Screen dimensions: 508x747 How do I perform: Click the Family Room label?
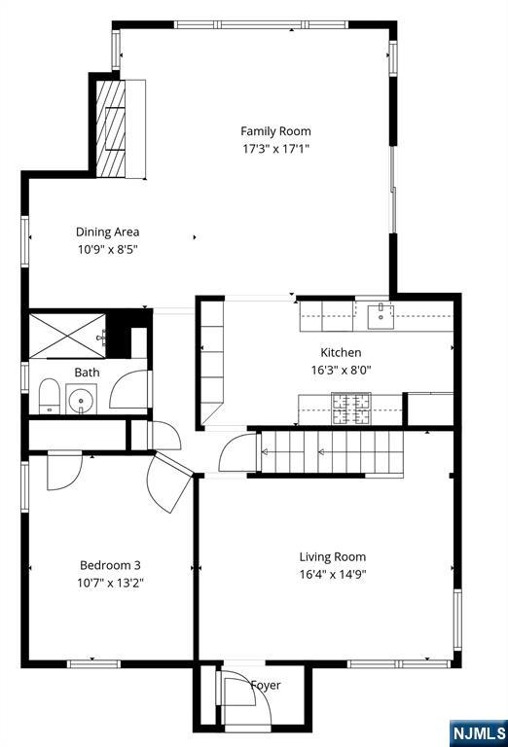coord(275,131)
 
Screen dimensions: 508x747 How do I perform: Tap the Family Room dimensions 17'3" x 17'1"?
coord(276,149)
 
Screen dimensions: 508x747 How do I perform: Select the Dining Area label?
coord(108,232)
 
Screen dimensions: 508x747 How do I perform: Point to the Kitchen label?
coord(341,352)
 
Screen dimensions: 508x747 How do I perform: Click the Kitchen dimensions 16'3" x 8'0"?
coord(342,370)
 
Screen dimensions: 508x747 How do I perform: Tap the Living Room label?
coord(333,557)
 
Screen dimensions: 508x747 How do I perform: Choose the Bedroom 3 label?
coord(110,565)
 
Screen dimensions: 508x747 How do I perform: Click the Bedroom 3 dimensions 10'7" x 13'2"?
coord(111,583)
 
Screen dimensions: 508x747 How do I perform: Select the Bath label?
coord(88,373)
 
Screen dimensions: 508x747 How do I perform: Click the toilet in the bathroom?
coord(49,396)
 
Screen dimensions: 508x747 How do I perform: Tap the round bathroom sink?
coord(81,399)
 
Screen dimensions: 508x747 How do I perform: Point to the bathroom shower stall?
coord(67,336)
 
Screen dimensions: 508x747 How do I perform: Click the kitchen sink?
coord(381,316)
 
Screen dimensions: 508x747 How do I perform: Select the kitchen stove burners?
coord(351,408)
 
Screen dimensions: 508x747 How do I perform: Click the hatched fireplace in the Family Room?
coord(111,128)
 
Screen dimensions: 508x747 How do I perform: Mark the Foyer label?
coord(266,685)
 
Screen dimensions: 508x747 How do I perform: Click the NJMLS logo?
coord(479,732)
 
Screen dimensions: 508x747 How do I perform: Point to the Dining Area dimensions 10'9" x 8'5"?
coord(108,249)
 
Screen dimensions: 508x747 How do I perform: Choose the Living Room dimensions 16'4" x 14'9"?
coord(333,574)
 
